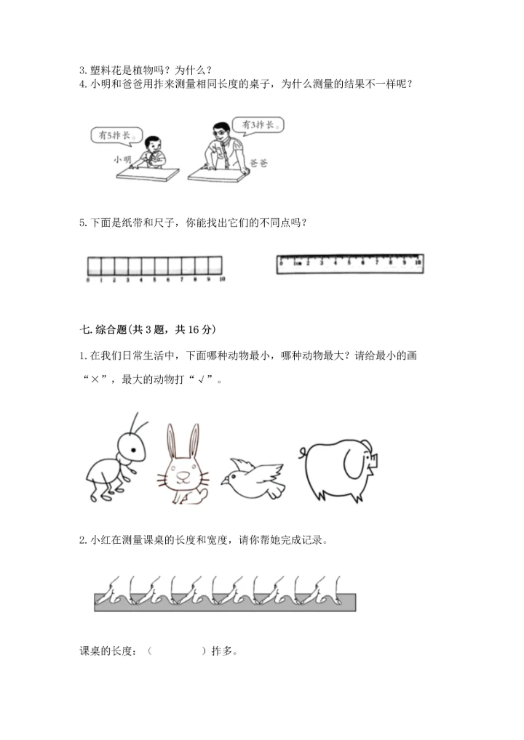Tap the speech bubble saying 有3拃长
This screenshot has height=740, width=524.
click(258, 125)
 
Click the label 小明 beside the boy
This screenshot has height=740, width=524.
click(122, 158)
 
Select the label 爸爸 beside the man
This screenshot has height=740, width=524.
click(258, 164)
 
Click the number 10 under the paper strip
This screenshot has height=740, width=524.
click(222, 280)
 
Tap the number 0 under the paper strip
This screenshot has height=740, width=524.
click(87, 280)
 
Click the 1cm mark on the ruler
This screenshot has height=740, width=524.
click(297, 263)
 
